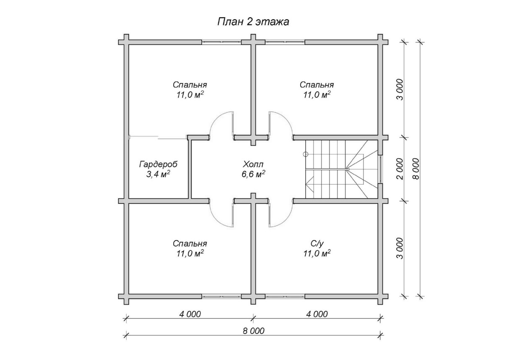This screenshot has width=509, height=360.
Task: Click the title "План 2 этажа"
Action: [253, 22]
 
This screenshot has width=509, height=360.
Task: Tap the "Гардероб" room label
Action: [158, 164]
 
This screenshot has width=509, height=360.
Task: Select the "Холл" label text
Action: [253, 164]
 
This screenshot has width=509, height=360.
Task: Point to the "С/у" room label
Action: [317, 243]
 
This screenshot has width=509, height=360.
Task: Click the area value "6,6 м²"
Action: [253, 174]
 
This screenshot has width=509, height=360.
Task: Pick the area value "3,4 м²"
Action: [158, 174]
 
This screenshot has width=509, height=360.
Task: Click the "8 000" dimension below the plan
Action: [254, 331]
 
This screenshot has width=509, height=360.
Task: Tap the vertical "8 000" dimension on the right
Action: [416, 169]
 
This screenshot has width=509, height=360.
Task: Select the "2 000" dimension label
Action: [400, 169]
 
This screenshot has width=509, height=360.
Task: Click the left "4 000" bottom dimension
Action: [190, 314]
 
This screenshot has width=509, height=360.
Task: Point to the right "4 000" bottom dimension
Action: [317, 314]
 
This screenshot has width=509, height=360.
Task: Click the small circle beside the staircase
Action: [306, 154]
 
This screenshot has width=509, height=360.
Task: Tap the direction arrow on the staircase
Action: [310, 184]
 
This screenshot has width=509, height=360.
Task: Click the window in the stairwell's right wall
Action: [381, 169]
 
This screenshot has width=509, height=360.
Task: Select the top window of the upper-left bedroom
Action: [221, 42]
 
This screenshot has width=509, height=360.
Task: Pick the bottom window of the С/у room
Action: [285, 296]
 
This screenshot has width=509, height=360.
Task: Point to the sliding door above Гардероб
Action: [158, 137]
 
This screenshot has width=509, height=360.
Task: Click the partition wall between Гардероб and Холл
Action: [190, 169]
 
